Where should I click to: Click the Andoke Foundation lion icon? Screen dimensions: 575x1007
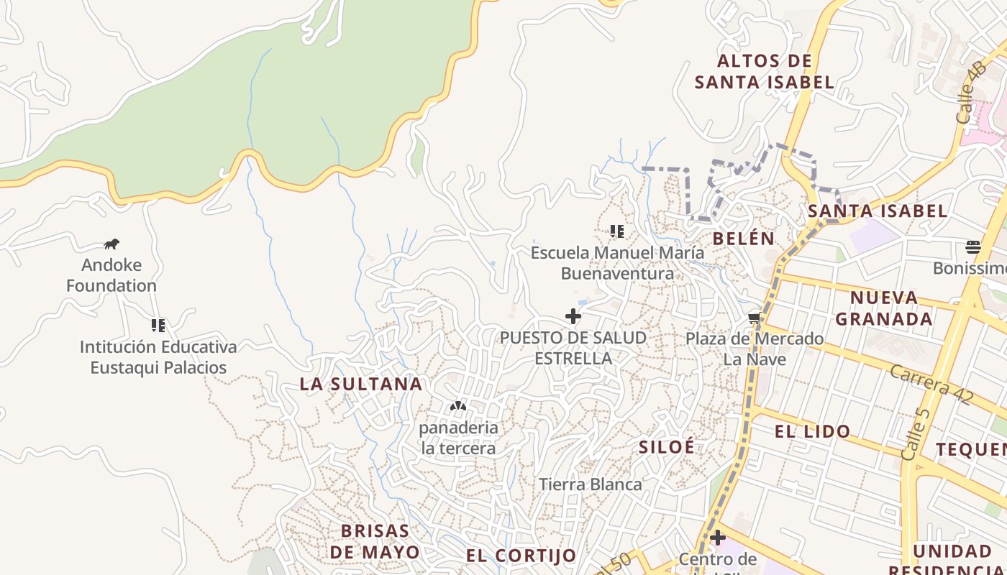[111, 244]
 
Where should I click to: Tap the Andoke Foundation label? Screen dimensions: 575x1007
[111, 275]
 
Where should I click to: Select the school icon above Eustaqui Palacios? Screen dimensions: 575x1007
[158, 326]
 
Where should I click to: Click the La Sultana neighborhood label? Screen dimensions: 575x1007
[360, 384]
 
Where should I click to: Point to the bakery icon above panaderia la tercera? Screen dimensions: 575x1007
[458, 407]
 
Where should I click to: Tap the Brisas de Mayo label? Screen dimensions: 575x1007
[375, 541]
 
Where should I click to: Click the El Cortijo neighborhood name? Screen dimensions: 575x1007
[521, 556]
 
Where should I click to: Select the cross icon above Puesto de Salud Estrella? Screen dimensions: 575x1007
[573, 316]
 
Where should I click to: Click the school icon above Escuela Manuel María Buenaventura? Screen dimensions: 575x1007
[616, 231]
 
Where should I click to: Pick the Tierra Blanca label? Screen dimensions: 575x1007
[591, 484]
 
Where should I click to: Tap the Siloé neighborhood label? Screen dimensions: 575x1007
[667, 446]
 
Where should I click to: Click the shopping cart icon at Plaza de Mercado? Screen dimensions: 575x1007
[754, 318]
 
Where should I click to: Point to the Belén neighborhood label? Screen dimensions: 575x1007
[744, 239]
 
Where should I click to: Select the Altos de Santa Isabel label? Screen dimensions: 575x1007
[765, 72]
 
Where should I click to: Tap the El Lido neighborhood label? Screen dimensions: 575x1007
[812, 432]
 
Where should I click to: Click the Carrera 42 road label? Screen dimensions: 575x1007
[931, 384]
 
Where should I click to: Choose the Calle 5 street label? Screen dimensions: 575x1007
[915, 434]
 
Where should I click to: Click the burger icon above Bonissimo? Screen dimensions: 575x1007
[973, 248]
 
